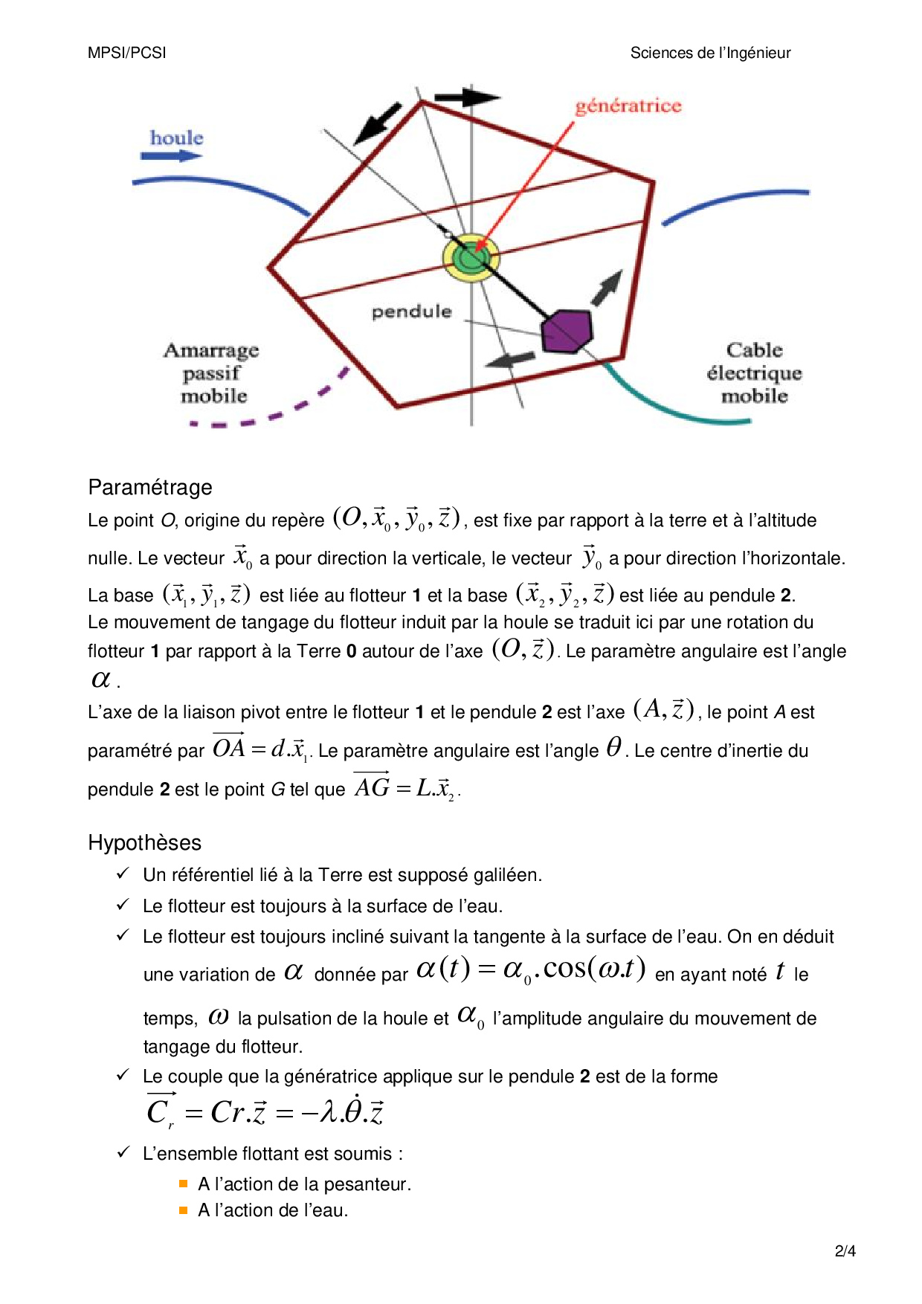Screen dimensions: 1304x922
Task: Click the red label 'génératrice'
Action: tap(628, 106)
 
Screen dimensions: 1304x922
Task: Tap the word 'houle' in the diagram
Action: tap(176, 138)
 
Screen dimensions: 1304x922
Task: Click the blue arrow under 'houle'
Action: tap(171, 155)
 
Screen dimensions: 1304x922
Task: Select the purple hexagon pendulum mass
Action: tap(567, 331)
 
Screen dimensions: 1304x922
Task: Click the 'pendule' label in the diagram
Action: tap(411, 312)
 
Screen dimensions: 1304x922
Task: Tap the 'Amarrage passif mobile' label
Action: tap(213, 372)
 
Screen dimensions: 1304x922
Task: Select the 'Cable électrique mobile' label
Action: tap(754, 372)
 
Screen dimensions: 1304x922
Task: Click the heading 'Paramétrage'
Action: tap(150, 487)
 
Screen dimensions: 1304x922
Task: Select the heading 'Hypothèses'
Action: tap(145, 842)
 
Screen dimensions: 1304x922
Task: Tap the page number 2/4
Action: tap(845, 1251)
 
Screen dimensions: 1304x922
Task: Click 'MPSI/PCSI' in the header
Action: tap(127, 53)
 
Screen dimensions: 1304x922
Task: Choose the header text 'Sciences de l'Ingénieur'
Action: tap(710, 53)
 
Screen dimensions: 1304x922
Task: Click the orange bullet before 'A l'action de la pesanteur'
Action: tap(184, 1184)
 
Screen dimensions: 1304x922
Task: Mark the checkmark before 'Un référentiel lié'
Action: tap(123, 874)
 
